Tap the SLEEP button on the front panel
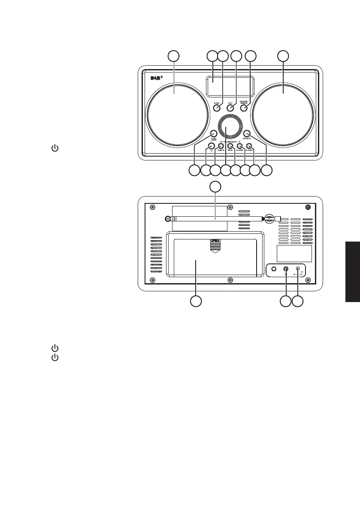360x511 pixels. [x=217, y=108]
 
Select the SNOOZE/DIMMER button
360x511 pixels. [x=244, y=108]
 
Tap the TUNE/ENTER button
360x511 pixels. [x=213, y=133]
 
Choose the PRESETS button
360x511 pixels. [x=247, y=133]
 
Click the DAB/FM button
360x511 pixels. [x=221, y=146]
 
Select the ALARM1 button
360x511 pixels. [x=240, y=146]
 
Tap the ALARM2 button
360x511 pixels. [x=249, y=146]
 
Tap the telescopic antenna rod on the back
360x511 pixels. [x=215, y=218]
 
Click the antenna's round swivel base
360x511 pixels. [x=269, y=218]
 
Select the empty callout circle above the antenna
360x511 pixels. [x=215, y=187]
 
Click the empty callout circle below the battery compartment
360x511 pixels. [x=196, y=301]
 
